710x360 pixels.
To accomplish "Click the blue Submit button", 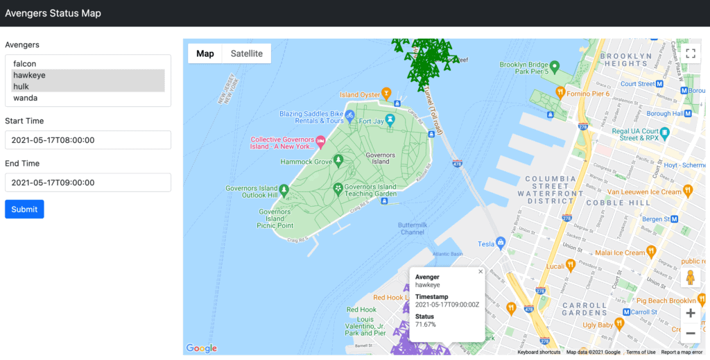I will click(x=24, y=209).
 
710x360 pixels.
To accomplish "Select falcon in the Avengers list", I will click(x=24, y=64).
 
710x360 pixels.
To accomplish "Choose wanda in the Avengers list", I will click(x=25, y=98).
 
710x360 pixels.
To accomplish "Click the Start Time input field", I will click(x=88, y=140).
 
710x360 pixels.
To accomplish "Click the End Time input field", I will click(x=88, y=182).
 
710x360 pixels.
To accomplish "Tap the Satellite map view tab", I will click(x=247, y=53).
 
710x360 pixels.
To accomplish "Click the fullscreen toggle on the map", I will click(x=690, y=53).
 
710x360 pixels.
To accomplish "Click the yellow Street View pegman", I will click(x=690, y=277).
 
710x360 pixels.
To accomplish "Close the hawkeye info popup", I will click(x=480, y=272).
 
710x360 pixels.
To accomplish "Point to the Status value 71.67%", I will click(x=426, y=325).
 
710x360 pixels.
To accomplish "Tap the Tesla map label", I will click(x=486, y=243).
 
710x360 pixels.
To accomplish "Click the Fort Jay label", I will click(x=370, y=121).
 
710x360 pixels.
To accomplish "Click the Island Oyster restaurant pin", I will click(x=387, y=92).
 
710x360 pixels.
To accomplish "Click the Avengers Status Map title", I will click(x=53, y=13).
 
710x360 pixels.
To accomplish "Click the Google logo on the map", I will click(x=201, y=348).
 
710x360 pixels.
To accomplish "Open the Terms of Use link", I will click(x=641, y=352).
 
